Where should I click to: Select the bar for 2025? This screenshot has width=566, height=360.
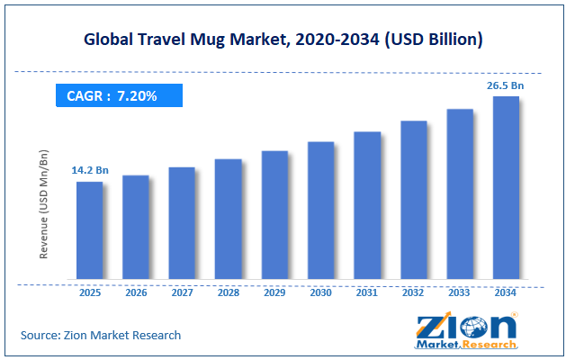point(89,230)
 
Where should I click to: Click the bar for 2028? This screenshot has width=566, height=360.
point(229,220)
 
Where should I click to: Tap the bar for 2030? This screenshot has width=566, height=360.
point(321,211)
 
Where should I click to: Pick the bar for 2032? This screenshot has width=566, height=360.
point(414,200)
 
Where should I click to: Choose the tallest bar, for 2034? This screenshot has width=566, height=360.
point(506,188)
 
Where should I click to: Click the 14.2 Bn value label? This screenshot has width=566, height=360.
point(90,170)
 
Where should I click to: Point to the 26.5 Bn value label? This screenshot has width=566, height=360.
point(506,85)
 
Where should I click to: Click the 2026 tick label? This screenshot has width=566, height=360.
point(136,292)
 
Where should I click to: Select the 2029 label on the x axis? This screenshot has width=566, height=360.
point(274,292)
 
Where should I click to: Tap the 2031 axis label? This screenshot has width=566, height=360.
point(367,292)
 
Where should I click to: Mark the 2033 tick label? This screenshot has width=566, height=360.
point(459,292)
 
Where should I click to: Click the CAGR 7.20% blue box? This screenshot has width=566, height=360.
point(119,95)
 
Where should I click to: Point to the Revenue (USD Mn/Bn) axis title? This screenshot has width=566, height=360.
point(44,204)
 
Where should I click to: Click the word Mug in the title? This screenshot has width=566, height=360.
point(208,40)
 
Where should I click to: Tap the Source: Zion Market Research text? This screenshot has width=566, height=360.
point(101,335)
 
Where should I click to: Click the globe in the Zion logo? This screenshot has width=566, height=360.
point(474,328)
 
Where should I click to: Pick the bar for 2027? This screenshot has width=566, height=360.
point(182,223)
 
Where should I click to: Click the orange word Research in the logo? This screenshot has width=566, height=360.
point(490,345)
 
